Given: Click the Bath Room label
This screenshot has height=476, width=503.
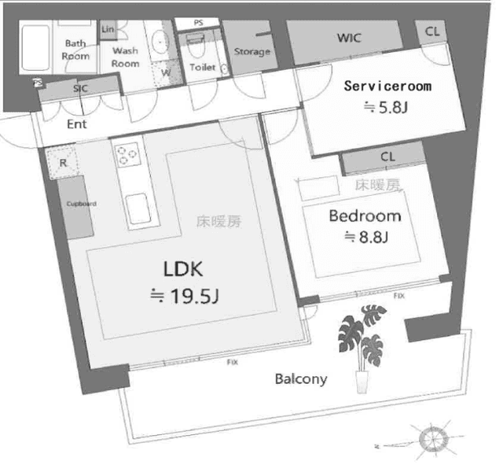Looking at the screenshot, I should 76,50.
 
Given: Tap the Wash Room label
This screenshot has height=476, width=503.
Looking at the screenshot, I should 125,57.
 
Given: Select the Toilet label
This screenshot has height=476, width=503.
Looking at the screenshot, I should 203,68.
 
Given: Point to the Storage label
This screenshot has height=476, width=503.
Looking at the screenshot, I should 252,52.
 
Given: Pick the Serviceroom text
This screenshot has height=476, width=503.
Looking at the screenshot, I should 387,87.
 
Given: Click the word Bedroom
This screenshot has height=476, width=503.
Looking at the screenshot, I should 364,216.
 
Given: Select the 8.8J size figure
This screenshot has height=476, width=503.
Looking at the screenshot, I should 365,237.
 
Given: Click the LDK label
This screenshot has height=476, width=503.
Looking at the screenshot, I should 183,270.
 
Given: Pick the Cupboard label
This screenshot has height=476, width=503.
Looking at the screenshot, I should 80,204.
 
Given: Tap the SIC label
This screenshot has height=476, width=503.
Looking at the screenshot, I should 80,88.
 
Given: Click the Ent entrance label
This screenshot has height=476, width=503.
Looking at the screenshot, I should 76,124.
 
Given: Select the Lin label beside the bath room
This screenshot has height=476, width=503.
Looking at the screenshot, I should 108,29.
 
